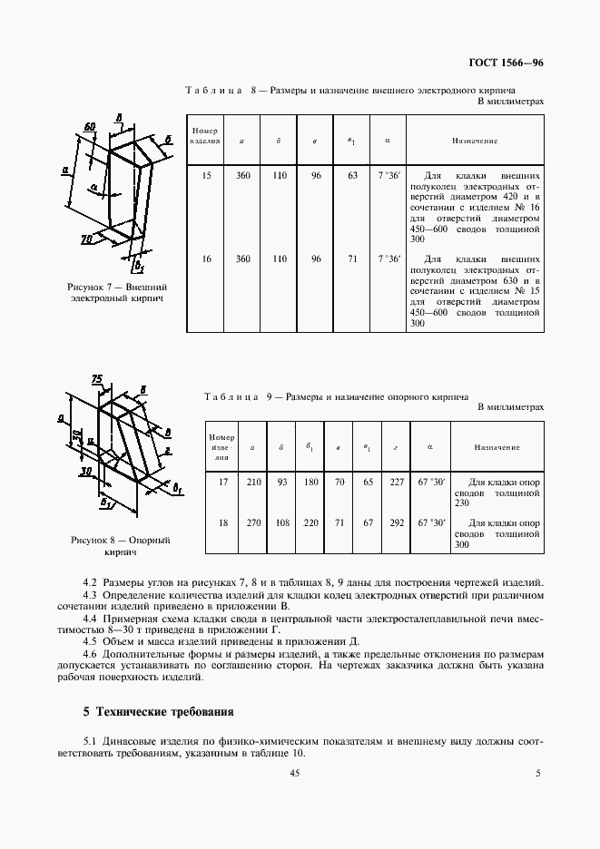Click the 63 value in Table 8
tap(353, 175)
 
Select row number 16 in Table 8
tap(206, 259)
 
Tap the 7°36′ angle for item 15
tap(389, 175)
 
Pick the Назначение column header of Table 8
tap(475, 141)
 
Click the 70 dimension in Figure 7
tap(87, 239)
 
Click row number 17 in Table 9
tap(221, 483)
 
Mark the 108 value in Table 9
tap(280, 523)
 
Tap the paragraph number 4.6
tap(90, 653)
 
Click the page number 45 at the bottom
tap(294, 773)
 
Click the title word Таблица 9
tap(234, 396)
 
